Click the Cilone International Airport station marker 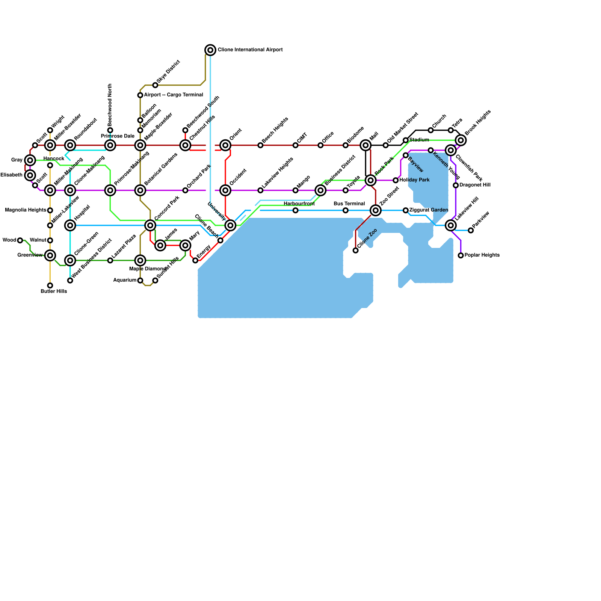[x=210, y=50]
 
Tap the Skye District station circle [x=155, y=85]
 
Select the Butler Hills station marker [x=50, y=285]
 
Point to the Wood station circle [x=20, y=240]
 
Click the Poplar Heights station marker [x=461, y=255]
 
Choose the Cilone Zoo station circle [x=356, y=251]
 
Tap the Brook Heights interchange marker [x=461, y=140]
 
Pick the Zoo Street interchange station [x=376, y=210]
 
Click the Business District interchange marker [x=320, y=190]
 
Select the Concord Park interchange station [x=150, y=225]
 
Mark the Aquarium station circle [x=140, y=281]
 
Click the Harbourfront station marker [x=296, y=210]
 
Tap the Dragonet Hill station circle [x=456, y=185]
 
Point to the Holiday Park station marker [x=396, y=180]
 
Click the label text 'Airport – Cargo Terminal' [x=174, y=95]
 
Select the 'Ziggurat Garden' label [x=429, y=210]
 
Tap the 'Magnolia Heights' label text [x=26, y=210]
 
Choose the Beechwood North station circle [x=110, y=130]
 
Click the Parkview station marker [x=471, y=230]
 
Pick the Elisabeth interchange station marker [x=30, y=175]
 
